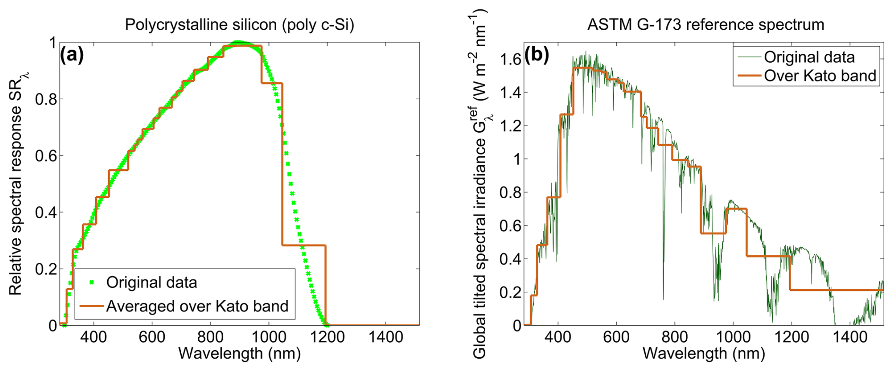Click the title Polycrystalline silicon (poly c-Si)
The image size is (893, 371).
[239, 25]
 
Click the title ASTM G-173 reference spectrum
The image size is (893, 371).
[706, 25]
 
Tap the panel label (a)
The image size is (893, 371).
[72, 55]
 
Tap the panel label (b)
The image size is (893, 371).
[537, 55]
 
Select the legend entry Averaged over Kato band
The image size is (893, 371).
[197, 306]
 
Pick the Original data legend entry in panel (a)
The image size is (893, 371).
[152, 282]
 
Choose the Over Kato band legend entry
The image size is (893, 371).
[820, 76]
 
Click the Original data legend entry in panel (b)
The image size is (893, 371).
[809, 57]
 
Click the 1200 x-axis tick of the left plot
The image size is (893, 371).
[327, 337]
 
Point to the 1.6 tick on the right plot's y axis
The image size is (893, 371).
[510, 59]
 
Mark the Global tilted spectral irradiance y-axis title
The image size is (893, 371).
[480, 184]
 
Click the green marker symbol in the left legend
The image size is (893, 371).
[92, 282]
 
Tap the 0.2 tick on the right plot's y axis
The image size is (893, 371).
[510, 292]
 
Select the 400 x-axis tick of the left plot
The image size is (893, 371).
[93, 337]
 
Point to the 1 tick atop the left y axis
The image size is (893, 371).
[52, 43]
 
